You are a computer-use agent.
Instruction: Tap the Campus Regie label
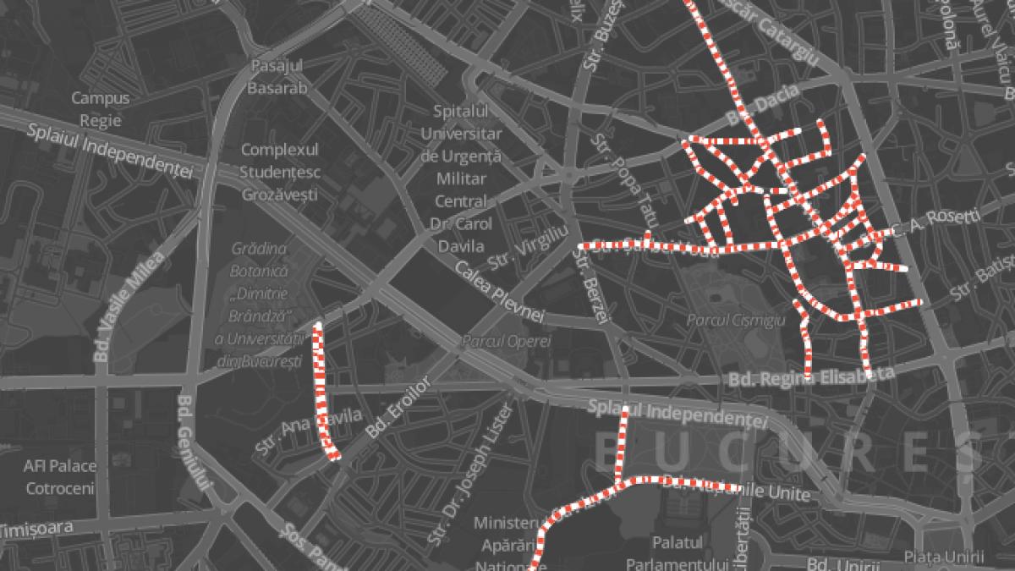click(101, 108)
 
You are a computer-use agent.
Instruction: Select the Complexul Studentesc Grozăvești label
click(279, 172)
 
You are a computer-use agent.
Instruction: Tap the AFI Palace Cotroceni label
click(60, 477)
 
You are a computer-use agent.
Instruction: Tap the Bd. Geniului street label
click(194, 442)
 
